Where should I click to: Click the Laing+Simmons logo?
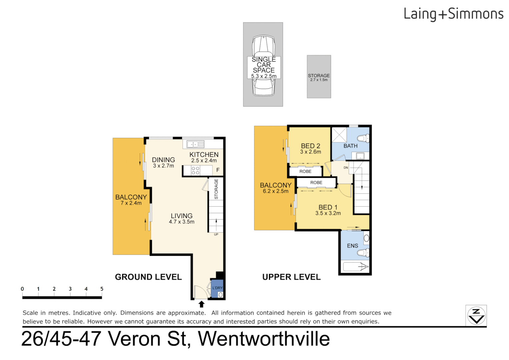(x=453, y=14)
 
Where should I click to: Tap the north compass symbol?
(x=476, y=315)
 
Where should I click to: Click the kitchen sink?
(x=195, y=144)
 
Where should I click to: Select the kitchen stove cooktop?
(x=196, y=171)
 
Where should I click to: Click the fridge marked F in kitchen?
(x=218, y=170)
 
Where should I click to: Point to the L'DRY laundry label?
(x=218, y=288)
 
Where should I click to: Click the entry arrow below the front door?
(x=201, y=304)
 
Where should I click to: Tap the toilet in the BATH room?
(x=362, y=138)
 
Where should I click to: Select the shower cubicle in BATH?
(x=339, y=135)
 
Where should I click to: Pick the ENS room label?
(x=352, y=246)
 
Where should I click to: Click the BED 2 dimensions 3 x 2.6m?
(x=310, y=152)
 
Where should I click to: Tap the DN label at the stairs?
(x=346, y=168)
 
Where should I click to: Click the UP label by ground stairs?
(x=216, y=235)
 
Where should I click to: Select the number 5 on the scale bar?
(x=102, y=289)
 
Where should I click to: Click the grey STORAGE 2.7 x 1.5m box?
(x=319, y=77)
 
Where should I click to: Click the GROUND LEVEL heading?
(x=148, y=277)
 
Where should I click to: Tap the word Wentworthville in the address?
(x=264, y=339)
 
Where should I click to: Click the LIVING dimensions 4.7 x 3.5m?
(x=182, y=222)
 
